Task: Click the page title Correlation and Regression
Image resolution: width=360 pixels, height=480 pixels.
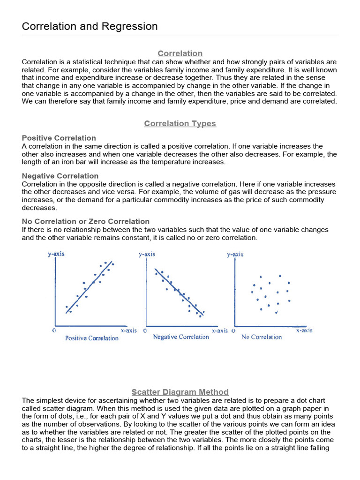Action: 90,26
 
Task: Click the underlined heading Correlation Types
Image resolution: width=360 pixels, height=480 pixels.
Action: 180,124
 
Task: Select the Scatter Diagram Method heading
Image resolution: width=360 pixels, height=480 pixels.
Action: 180,392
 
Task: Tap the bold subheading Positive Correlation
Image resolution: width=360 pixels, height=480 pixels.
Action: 59,138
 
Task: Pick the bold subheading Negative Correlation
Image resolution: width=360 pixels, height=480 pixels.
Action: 60,176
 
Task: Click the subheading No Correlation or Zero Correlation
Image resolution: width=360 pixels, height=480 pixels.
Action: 86,221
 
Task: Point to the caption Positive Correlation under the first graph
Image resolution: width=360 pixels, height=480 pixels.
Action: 92,338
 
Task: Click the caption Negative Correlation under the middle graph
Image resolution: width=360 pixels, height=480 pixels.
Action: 181,337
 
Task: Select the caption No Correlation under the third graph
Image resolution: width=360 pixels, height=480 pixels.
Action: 262,337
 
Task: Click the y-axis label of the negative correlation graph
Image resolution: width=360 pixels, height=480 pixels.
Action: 147,254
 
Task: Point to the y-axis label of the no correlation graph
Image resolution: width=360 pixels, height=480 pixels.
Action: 235,254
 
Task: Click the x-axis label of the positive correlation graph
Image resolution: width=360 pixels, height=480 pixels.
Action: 128,330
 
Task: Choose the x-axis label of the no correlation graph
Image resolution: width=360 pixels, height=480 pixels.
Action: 304,330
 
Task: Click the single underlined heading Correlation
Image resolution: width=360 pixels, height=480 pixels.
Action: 180,53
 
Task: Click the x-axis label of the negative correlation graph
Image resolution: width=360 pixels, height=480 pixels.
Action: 219,330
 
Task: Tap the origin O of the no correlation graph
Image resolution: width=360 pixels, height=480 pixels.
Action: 233,330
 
